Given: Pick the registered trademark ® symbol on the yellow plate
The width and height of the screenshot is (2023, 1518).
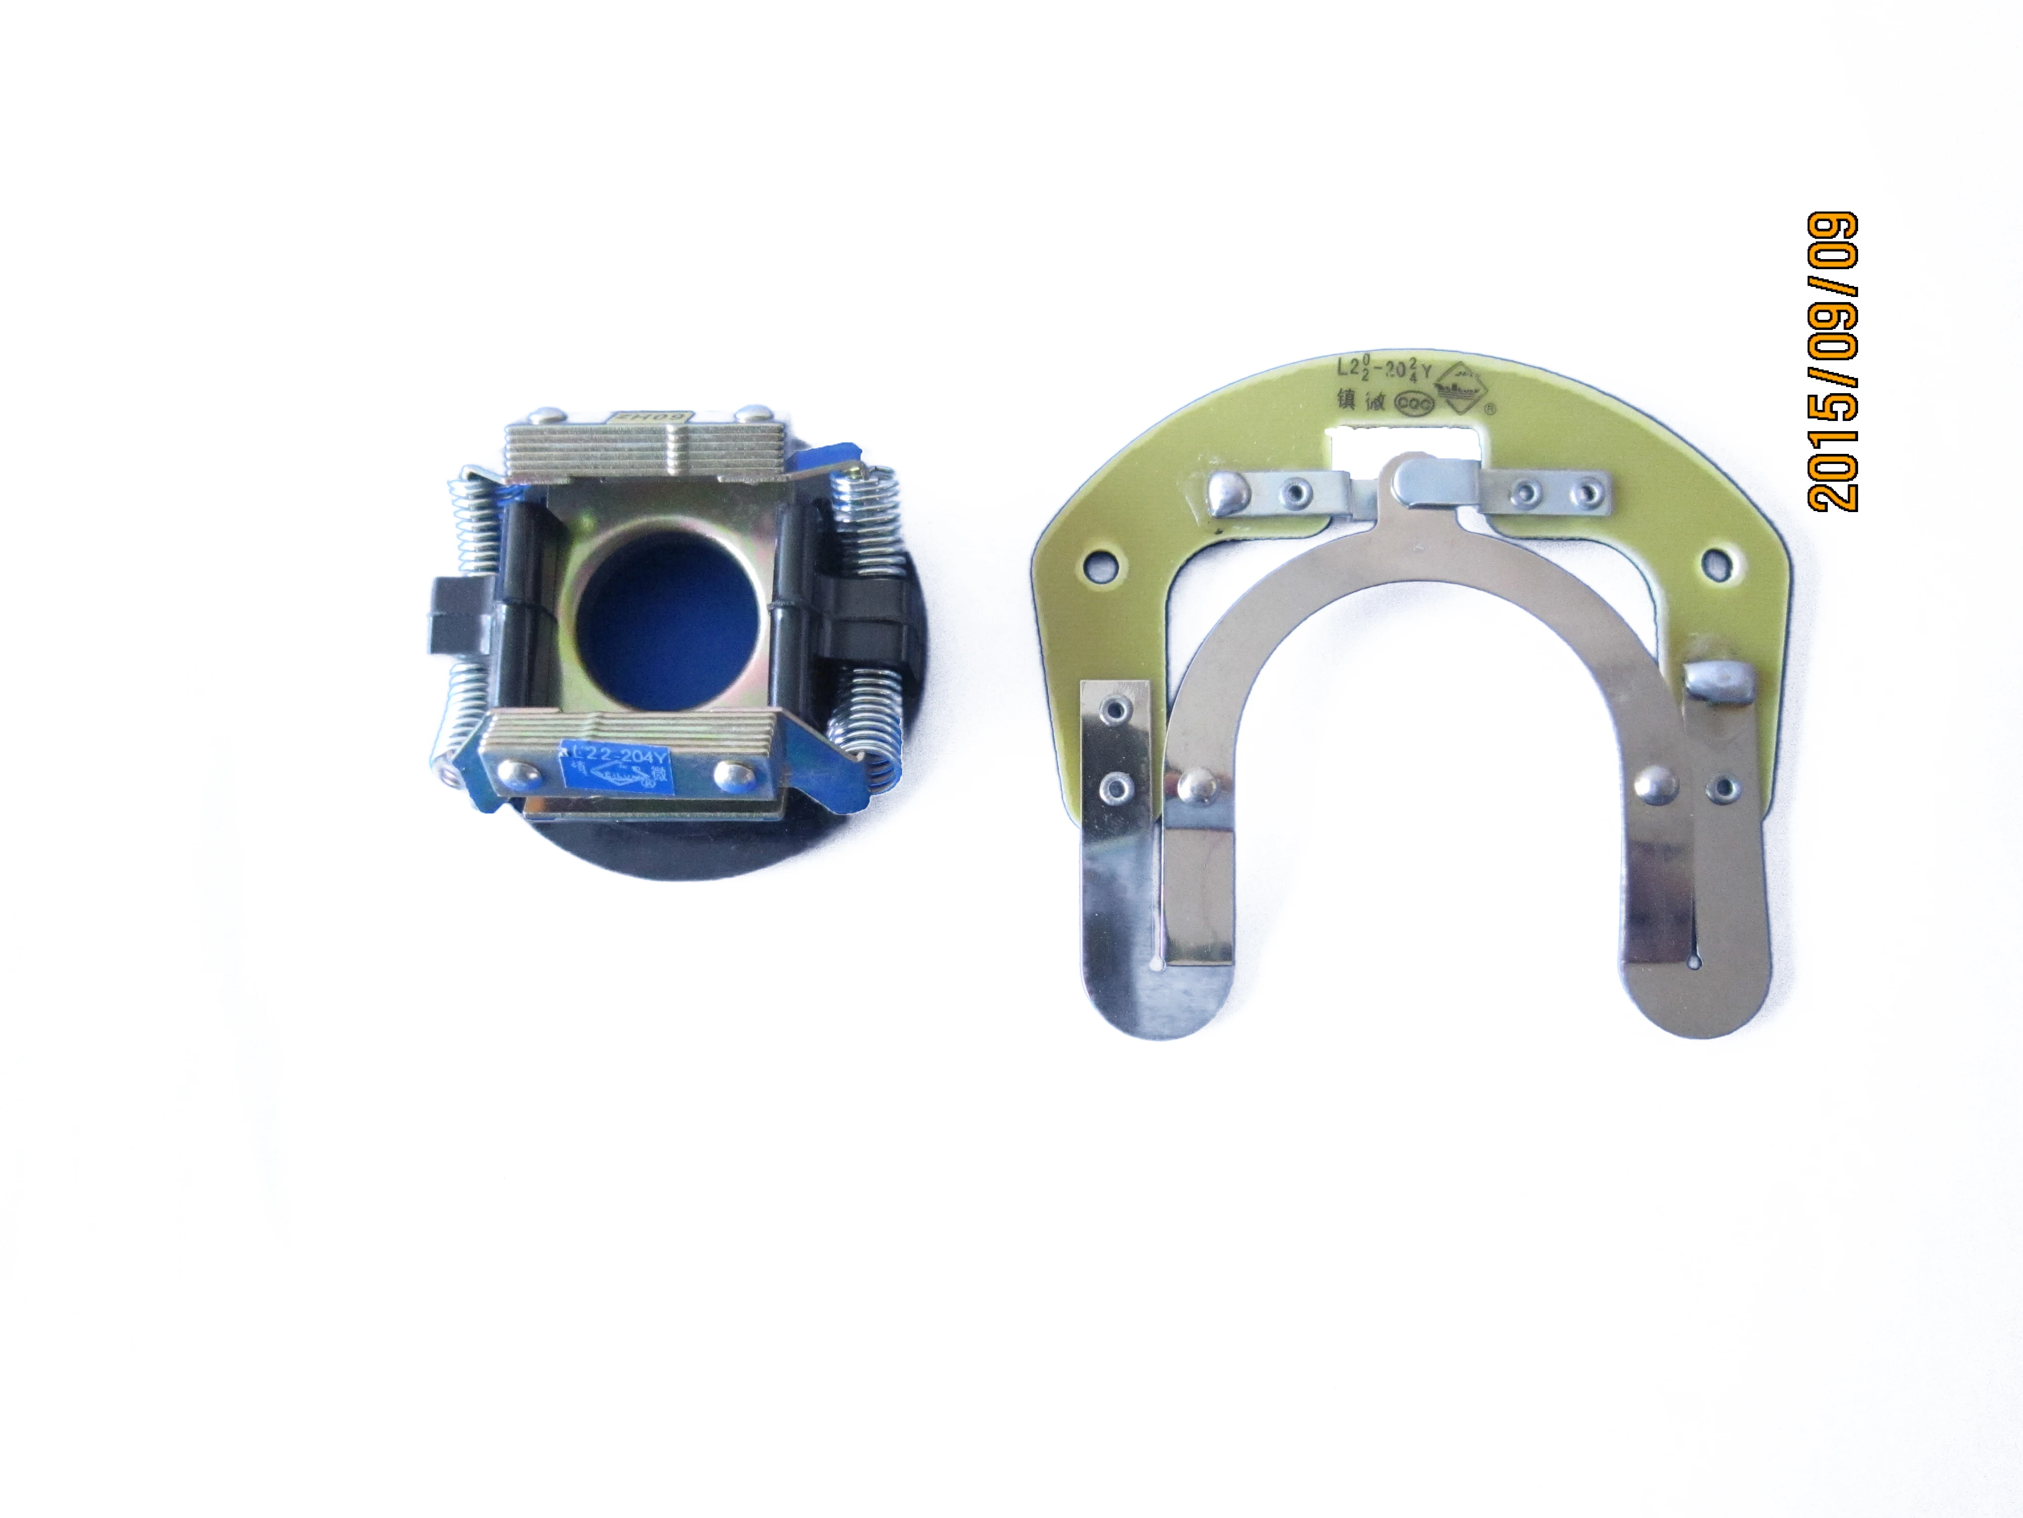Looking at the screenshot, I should [1489, 408].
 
